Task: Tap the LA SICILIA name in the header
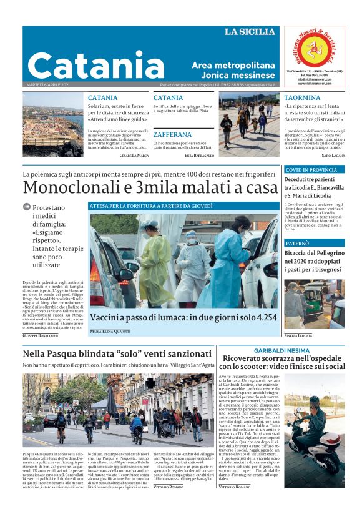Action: [x=249, y=32]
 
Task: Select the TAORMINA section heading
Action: [x=302, y=98]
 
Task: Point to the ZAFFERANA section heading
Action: [x=172, y=134]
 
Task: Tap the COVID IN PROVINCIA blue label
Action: [x=311, y=169]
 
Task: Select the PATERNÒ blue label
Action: [x=298, y=242]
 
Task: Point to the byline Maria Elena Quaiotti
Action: [x=110, y=331]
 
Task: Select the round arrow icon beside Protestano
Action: [x=26, y=207]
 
